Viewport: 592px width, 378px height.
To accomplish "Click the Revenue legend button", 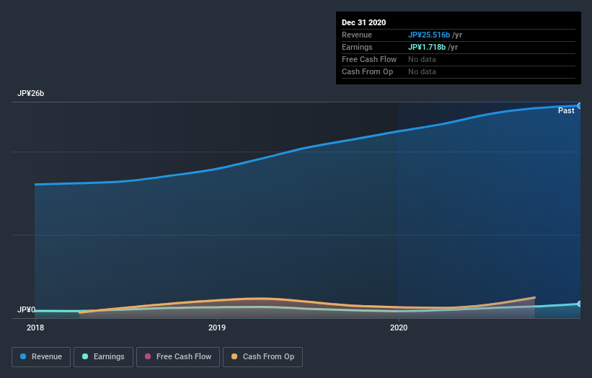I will pos(42,356).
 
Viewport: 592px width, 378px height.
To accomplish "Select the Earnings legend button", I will pos(103,356).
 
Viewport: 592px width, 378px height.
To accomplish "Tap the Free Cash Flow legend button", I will pos(178,356).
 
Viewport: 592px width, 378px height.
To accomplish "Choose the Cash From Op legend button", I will pos(262,356).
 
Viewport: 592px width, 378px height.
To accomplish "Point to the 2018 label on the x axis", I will pos(35,328).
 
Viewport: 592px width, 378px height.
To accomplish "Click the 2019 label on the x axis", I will pos(217,328).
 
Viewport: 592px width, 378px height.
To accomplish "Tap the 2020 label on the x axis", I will pos(399,328).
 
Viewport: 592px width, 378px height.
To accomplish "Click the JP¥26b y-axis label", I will pos(31,94).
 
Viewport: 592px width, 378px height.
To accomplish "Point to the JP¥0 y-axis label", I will pos(27,309).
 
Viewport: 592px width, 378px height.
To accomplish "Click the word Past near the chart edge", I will pos(566,110).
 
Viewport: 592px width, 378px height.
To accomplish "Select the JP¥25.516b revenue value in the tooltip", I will pos(429,35).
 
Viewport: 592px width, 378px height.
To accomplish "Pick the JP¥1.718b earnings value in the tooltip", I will pos(426,47).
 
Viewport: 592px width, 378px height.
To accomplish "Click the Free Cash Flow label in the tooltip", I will pos(369,59).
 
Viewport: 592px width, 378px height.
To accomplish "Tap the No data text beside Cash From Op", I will pos(422,71).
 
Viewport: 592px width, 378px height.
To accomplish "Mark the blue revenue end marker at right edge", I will pos(580,105).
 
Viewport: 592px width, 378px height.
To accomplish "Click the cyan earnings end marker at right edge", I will pos(580,304).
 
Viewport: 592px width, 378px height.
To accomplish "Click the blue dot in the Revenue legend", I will pos(24,356).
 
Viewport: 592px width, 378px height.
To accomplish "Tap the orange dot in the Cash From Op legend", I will pos(235,356).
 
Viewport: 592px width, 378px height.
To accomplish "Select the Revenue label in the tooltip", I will pos(357,35).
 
